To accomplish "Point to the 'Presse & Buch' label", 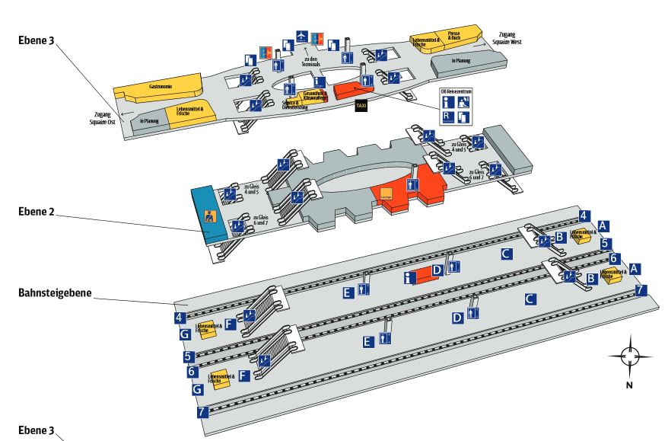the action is tap(455, 35).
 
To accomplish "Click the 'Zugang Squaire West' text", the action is tap(508, 38).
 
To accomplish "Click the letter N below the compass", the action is tap(630, 385).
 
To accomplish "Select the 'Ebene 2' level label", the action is tap(37, 211).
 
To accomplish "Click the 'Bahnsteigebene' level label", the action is tap(50, 292).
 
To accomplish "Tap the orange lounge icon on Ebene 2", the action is tap(386, 193).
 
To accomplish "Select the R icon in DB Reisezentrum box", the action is tap(449, 117).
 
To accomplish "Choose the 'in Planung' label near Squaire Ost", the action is tap(148, 120).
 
